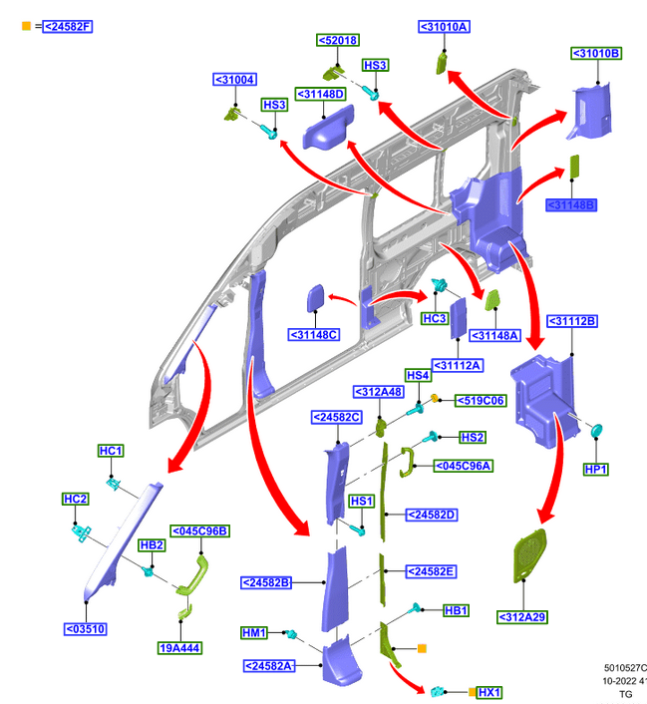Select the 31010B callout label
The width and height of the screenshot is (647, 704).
click(x=596, y=53)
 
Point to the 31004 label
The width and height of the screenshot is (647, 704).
click(x=235, y=80)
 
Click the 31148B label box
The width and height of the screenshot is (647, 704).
click(x=571, y=205)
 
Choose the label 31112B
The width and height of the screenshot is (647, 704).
click(x=572, y=321)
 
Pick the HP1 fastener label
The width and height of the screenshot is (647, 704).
click(x=595, y=469)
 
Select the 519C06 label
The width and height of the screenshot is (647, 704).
click(x=481, y=401)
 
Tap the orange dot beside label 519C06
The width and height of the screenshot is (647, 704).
click(x=436, y=400)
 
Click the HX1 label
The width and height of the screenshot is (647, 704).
click(x=489, y=692)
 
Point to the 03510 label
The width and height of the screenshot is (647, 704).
click(x=86, y=629)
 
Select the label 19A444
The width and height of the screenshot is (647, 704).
click(x=180, y=647)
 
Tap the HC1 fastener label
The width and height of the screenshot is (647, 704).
click(x=111, y=452)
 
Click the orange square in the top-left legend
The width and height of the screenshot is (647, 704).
click(x=26, y=26)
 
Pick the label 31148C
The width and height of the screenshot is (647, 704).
click(x=315, y=334)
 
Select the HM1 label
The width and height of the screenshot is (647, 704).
click(x=254, y=633)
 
